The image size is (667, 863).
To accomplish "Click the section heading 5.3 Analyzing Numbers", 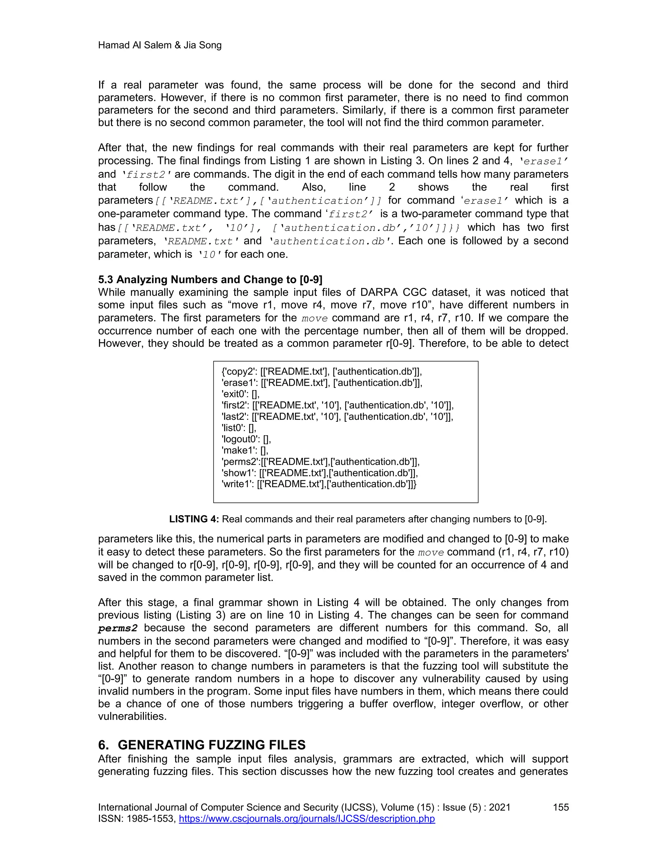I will tap(210, 279).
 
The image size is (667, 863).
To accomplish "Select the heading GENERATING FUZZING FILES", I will tap(211, 744).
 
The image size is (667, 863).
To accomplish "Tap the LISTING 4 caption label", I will tap(194, 519).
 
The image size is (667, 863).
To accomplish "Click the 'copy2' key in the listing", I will tap(239, 372).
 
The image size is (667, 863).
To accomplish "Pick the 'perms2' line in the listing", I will tap(320, 461).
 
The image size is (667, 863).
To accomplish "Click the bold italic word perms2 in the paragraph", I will tap(118, 628).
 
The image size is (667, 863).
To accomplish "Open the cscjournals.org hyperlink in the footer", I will tap(306, 818).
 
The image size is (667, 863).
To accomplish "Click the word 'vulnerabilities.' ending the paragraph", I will tap(132, 716).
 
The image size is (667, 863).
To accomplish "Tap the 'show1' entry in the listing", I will tap(319, 473).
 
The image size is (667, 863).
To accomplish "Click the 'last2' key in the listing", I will tap(234, 417).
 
